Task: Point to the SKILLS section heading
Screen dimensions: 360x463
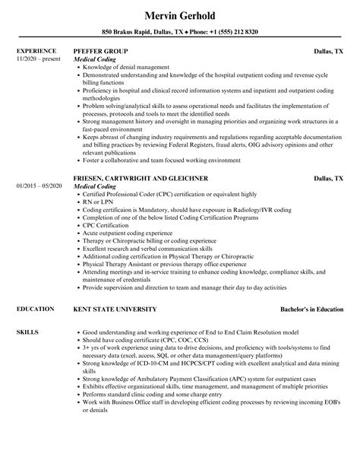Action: (27, 312)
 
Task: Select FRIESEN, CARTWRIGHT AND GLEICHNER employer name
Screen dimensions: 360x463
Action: (141, 178)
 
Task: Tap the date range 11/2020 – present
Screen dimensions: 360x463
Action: (39, 58)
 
